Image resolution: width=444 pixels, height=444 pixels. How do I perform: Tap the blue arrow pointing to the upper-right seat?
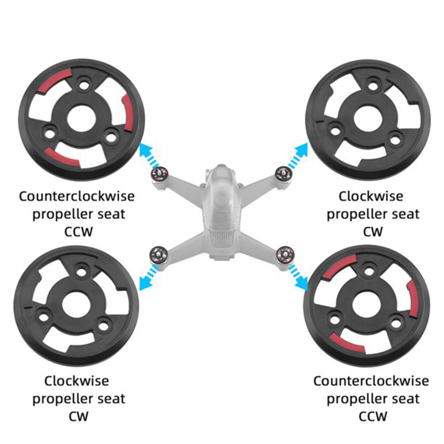tap(298, 155)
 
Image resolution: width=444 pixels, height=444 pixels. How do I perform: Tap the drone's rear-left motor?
tap(158, 255)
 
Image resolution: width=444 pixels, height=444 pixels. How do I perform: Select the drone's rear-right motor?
tap(284, 254)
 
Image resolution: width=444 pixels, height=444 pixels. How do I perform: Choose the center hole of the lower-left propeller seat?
tap(76, 305)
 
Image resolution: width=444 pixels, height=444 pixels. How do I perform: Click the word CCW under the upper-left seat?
tap(78, 232)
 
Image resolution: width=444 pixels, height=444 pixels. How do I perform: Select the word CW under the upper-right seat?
tap(372, 232)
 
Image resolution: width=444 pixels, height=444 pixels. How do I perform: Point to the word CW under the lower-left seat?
tap(78, 417)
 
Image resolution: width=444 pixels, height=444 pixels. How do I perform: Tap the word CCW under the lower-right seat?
tap(372, 417)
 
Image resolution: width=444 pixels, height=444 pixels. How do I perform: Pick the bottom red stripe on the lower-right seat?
tap(346, 343)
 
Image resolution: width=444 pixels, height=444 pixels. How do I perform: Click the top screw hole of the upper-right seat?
tap(373, 85)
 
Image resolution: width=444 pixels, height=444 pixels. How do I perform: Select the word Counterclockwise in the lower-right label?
tap(371, 381)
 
